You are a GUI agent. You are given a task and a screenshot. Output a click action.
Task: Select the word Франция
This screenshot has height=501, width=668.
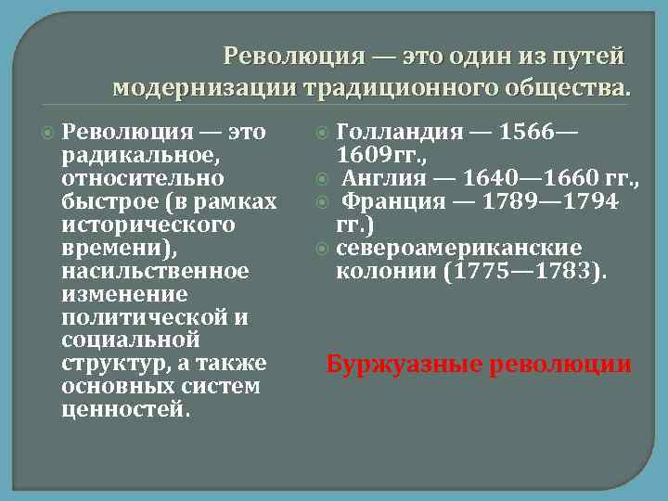(x=392, y=201)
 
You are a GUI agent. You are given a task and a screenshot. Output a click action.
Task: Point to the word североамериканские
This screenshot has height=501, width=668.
(x=458, y=248)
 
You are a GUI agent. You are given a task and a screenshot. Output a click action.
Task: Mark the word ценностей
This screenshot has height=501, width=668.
(x=122, y=410)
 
